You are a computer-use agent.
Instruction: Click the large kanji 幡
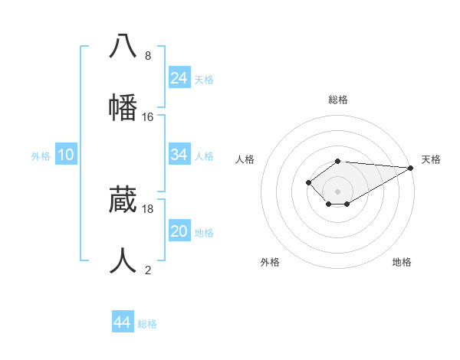click(123, 107)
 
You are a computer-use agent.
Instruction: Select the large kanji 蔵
click(123, 199)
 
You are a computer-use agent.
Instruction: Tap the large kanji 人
click(123, 260)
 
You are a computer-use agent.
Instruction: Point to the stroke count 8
click(148, 56)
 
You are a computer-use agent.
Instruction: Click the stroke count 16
click(148, 117)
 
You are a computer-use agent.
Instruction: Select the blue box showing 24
click(179, 78)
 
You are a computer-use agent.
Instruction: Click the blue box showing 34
click(179, 155)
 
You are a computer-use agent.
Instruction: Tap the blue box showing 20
click(179, 231)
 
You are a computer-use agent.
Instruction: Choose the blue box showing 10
click(66, 155)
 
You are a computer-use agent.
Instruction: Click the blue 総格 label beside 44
click(147, 324)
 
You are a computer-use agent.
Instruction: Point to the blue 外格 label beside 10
click(41, 156)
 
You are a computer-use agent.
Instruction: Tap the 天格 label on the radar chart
click(431, 159)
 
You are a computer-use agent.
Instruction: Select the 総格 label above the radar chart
click(338, 100)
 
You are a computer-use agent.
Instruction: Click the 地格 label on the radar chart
click(402, 262)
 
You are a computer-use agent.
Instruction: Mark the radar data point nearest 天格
click(411, 168)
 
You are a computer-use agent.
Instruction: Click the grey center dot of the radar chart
click(338, 191)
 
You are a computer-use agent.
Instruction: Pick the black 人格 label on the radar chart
click(245, 159)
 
